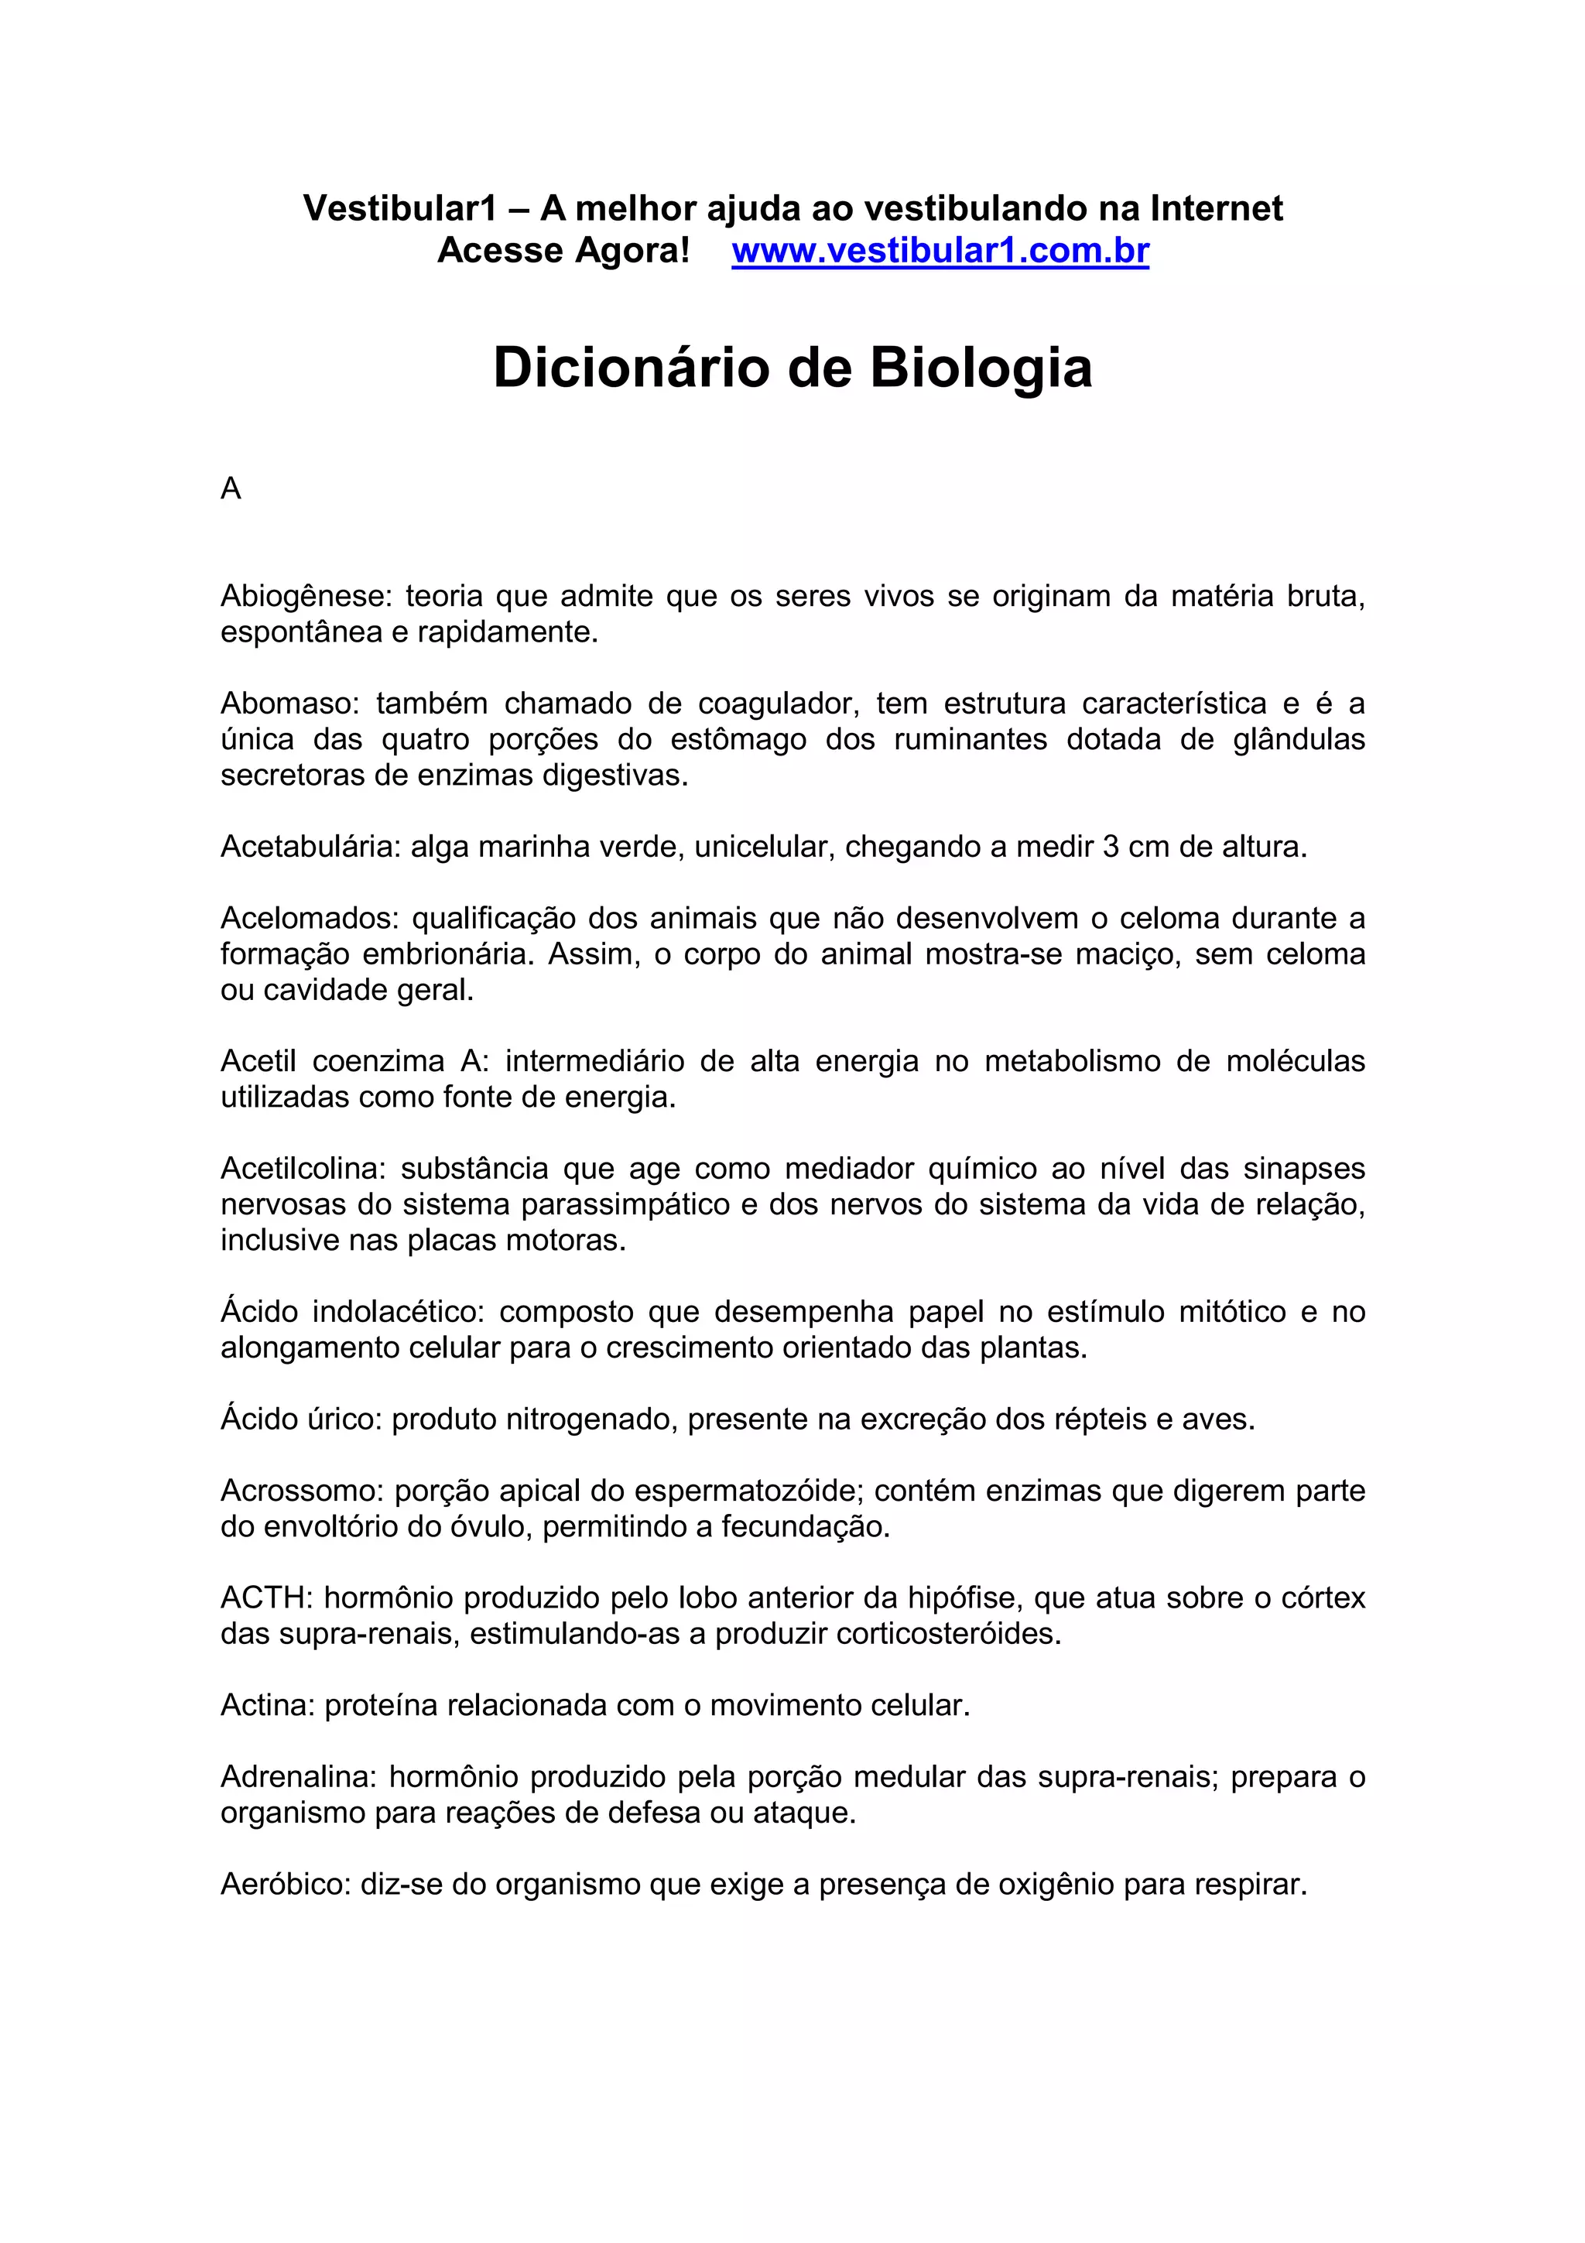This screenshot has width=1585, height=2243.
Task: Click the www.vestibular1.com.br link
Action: pos(940,251)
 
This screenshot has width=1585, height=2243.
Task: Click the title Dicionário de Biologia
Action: pos(792,368)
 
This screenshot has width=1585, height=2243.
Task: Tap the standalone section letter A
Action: pos(231,488)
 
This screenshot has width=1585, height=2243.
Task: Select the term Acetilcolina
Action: pos(302,1169)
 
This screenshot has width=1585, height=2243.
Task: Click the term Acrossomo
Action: pos(301,1491)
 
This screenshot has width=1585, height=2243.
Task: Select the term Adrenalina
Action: pos(297,1777)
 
